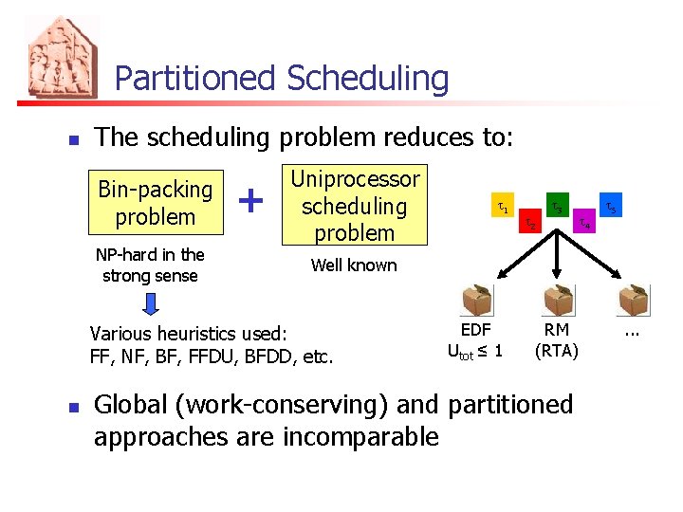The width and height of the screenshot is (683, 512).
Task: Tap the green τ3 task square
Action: pos(557,206)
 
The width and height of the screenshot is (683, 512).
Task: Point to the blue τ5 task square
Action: pos(611,206)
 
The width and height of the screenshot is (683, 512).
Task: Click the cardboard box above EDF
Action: pos(476,301)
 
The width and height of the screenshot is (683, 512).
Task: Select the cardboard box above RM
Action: pos(557,301)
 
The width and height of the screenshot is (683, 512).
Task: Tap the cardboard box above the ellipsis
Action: pos(633,301)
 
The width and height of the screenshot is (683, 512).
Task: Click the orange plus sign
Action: pos(249,201)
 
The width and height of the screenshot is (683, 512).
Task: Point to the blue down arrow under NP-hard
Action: pos(151,305)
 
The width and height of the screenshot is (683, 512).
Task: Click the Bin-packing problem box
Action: pos(156,203)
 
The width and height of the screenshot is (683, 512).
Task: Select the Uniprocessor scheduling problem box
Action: pos(354,206)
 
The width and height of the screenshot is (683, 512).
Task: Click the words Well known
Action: pos(354,265)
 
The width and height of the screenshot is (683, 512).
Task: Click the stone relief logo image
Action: pos(63,57)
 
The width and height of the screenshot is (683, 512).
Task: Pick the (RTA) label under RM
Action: pos(557,350)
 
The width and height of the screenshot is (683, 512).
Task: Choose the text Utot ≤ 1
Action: pos(475,351)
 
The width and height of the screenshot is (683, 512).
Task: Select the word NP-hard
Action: pos(130,254)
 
